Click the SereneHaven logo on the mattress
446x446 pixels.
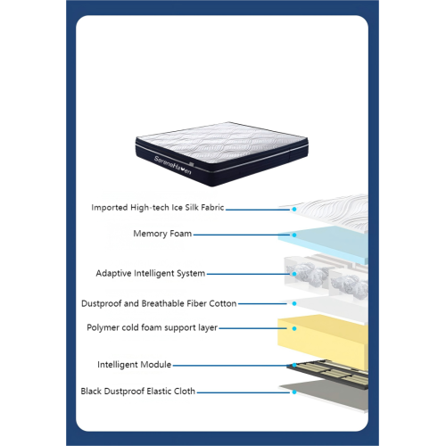pos(172,165)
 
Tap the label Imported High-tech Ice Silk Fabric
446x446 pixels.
pos(158,207)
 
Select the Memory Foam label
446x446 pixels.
pos(162,234)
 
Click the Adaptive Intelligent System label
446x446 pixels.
pos(151,273)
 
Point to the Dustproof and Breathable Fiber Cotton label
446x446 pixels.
pos(159,303)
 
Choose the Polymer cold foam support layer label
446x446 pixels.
pos(152,327)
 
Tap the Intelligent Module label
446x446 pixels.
pos(134,365)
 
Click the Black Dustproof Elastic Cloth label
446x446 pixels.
pos(138,391)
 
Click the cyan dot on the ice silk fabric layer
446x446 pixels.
pos(294,209)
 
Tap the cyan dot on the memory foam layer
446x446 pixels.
pos(294,235)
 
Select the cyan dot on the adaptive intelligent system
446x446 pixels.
pos(294,274)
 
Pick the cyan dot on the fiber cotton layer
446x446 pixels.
pos(294,303)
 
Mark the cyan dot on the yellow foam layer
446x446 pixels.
pos(294,328)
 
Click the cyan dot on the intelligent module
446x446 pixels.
pos(294,365)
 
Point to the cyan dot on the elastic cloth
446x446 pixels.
pos(294,392)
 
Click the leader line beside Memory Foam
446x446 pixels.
pos(241,235)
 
